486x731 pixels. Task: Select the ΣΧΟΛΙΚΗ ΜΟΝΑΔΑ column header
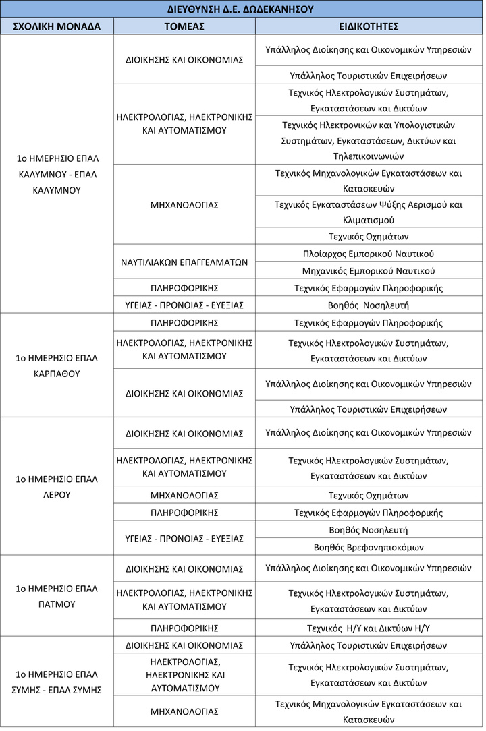pos(57,26)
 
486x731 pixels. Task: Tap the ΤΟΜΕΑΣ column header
pos(184,26)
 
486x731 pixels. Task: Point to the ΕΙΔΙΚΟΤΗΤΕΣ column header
pos(369,26)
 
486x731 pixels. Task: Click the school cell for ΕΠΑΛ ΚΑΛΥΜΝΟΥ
pos(57,174)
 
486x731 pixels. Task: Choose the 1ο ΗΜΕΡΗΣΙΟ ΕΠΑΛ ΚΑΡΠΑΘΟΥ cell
pos(57,365)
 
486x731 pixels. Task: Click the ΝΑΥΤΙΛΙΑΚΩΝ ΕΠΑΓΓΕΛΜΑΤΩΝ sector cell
pos(184,262)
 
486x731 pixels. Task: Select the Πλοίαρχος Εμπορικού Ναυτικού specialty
pos(369,254)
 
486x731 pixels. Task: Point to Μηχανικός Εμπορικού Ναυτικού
pos(369,270)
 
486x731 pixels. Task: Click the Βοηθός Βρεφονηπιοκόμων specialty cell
pos(369,547)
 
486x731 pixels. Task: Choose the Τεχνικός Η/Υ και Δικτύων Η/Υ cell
pos(369,628)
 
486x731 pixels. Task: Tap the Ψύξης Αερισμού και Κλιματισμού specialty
pos(369,212)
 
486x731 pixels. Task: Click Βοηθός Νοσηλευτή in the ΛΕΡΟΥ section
pos(369,530)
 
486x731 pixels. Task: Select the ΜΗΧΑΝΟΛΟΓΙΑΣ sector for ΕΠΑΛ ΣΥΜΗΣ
pos(184,711)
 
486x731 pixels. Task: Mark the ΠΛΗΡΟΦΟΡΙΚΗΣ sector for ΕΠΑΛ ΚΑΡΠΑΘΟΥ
pos(184,323)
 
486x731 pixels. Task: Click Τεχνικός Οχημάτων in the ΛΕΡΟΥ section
pos(369,496)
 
